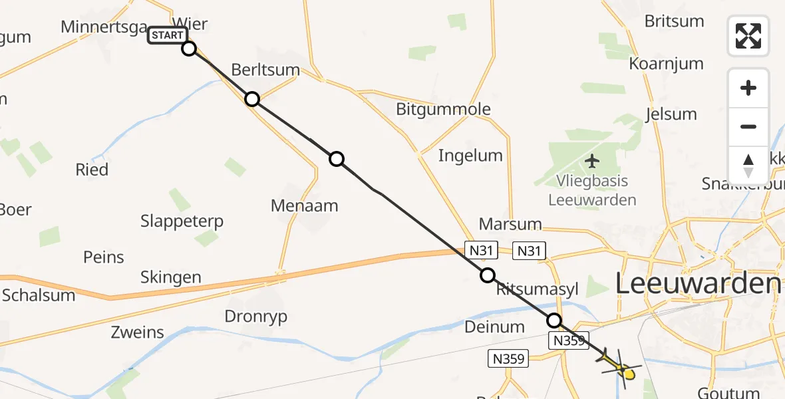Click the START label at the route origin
[168, 35]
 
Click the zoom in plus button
[748, 88]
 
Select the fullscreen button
[748, 36]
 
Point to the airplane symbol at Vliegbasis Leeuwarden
[592, 161]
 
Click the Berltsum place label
[265, 70]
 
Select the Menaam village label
[305, 205]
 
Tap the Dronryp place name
[256, 317]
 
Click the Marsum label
[510, 224]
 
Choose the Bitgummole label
[443, 109]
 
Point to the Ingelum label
[470, 156]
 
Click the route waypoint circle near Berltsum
[251, 99]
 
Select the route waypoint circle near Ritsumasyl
[488, 275]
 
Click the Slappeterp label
[182, 221]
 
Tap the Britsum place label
[674, 21]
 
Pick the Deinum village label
[494, 327]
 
